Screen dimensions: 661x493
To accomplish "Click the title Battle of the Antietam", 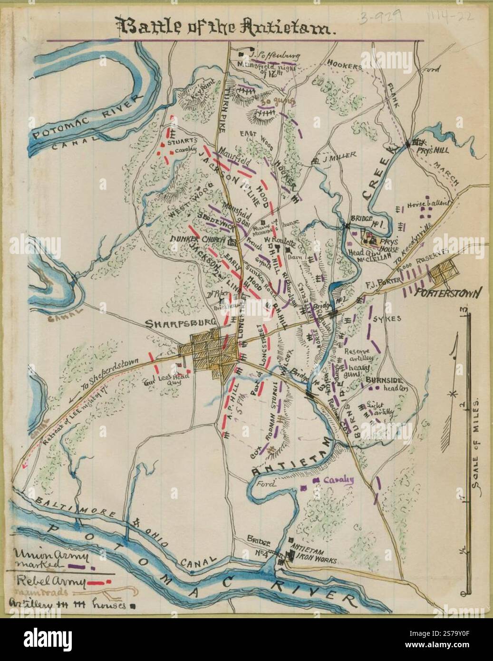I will pos(228,29).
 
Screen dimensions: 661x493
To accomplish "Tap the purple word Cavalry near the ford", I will pos(340,480).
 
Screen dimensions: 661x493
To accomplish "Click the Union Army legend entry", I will pos(43,559).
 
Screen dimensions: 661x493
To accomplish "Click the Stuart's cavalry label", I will pos(185,145).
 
